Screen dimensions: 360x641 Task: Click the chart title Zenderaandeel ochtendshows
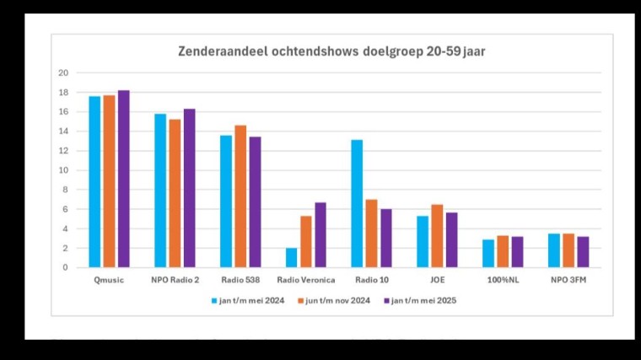click(331, 51)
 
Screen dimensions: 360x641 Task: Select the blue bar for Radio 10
click(357, 203)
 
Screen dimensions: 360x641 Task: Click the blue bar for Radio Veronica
click(291, 257)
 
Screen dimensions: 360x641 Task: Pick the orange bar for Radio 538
click(240, 196)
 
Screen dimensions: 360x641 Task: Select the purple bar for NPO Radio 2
click(189, 188)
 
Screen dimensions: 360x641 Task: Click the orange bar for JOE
click(437, 236)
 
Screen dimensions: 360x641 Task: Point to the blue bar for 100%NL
click(487, 253)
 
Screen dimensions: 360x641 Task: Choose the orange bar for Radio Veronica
click(306, 241)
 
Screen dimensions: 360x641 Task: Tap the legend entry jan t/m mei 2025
click(423, 300)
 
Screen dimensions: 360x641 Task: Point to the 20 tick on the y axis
click(62, 73)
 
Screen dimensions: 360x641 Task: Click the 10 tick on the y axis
click(62, 170)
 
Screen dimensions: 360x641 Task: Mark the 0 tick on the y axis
click(65, 268)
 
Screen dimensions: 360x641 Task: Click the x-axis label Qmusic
click(109, 280)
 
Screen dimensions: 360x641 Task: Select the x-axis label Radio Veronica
click(306, 280)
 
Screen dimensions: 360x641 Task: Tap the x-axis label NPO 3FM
click(568, 280)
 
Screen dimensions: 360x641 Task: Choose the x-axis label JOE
click(436, 280)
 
